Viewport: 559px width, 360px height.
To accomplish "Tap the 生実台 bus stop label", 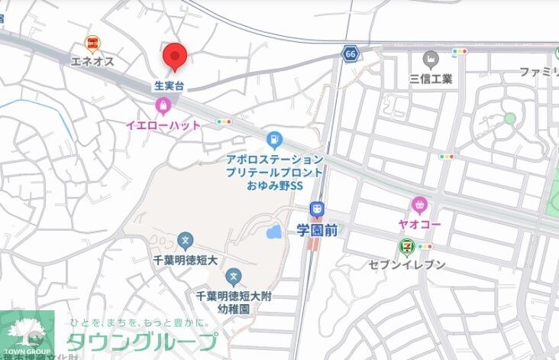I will [170, 86].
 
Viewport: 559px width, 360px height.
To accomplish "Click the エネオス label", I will [92, 60].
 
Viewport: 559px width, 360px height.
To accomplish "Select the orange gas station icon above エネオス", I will [92, 44].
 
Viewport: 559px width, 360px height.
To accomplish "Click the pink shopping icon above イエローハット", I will [162, 105].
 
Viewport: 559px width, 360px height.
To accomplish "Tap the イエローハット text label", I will [163, 125].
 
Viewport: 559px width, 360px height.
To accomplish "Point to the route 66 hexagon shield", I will [351, 54].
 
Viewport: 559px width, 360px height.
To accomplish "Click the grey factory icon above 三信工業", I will [431, 59].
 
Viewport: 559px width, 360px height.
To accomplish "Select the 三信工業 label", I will [431, 78].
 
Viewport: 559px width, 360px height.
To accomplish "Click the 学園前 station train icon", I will [317, 209].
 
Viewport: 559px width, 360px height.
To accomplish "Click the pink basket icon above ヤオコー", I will [418, 204].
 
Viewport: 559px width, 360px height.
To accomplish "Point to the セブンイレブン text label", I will [408, 264].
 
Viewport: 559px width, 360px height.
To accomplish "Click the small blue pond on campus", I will [273, 231].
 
